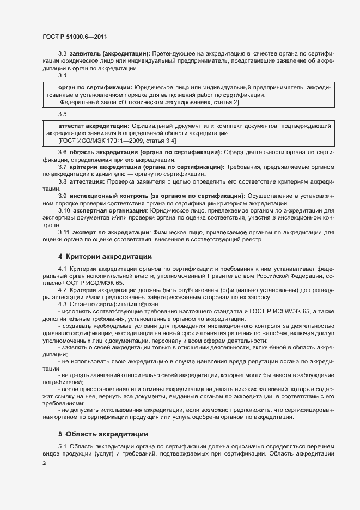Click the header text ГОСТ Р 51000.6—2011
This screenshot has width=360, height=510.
coord(67,36)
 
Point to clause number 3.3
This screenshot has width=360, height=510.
coord(62,54)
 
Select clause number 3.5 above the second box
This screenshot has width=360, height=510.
coord(62,114)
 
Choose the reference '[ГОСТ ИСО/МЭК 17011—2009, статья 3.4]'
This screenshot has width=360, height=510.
coord(120,141)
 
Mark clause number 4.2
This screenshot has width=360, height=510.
coord(62,289)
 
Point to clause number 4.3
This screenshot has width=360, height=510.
coord(62,304)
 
